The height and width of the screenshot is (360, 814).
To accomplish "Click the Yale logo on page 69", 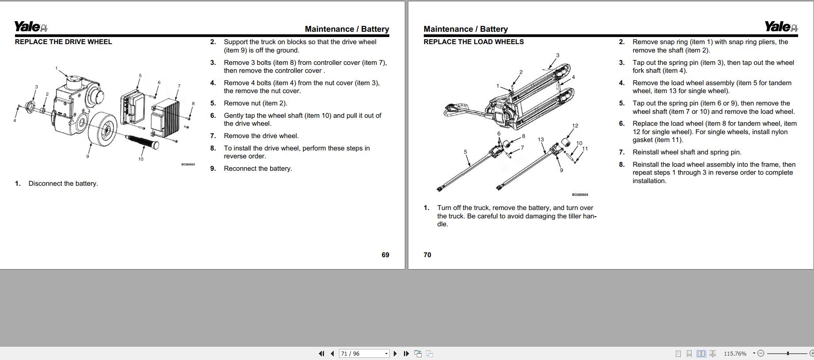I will pos(31,27).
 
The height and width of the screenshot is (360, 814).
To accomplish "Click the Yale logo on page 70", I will pos(781,27).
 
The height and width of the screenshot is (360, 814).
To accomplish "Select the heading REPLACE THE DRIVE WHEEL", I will pos(64,42).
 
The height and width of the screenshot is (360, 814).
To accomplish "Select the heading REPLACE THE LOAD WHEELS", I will pos(474,42).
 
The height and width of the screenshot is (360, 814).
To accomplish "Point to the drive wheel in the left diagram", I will pos(102,129).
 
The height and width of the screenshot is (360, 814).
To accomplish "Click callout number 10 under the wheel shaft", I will pos(141,159).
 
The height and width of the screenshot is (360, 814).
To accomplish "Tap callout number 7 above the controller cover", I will pos(179,86).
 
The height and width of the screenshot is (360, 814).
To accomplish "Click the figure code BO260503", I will pos(188,165).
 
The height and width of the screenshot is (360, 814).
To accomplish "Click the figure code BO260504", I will pos(580,195).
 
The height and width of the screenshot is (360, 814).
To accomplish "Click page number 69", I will pos(385,255).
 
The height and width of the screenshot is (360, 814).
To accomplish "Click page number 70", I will pos(427,255).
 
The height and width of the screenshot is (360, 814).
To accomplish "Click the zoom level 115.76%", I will pos(735,353).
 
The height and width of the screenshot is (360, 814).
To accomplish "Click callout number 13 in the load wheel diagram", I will pos(541,139).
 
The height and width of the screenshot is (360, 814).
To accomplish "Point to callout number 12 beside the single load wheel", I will pos(575,126).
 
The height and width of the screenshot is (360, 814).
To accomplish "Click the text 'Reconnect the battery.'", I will pos(258,169).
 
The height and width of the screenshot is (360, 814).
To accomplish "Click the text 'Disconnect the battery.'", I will pos(63,184).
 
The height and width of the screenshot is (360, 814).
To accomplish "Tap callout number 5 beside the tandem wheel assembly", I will pos(465,152).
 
